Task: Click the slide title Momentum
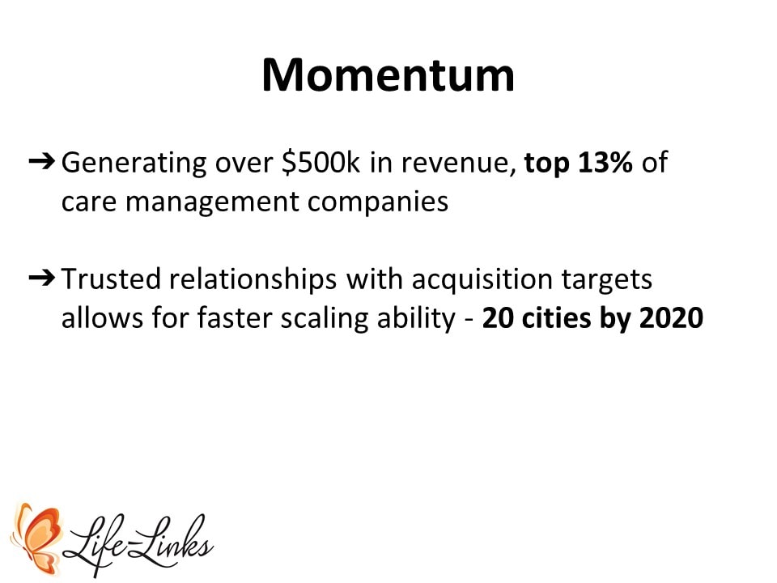(388, 75)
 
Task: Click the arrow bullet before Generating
(41, 161)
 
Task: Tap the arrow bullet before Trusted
(41, 278)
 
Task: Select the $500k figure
(321, 162)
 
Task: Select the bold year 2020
(671, 317)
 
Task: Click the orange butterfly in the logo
(38, 538)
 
